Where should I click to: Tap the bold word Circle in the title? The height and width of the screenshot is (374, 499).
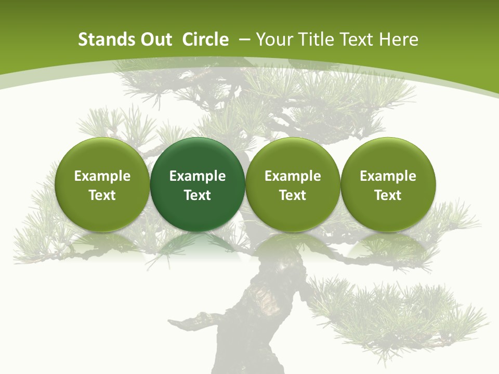pyautogui.click(x=205, y=39)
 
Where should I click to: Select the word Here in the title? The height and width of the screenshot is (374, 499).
pyautogui.click(x=399, y=39)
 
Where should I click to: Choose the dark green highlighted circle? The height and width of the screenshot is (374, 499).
pyautogui.click(x=198, y=184)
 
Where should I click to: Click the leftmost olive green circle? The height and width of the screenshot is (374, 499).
pyautogui.click(x=102, y=184)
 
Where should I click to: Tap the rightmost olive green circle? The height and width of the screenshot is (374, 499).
pyautogui.click(x=388, y=184)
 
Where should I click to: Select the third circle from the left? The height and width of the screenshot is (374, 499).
pyautogui.click(x=293, y=184)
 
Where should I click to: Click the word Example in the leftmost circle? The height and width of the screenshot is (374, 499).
pyautogui.click(x=102, y=176)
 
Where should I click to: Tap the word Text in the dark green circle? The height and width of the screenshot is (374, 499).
pyautogui.click(x=198, y=195)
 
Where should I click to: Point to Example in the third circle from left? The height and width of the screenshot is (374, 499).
pyautogui.click(x=293, y=176)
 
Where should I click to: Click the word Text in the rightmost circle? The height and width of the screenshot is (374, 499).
pyautogui.click(x=388, y=195)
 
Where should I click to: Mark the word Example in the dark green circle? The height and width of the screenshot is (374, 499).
pyautogui.click(x=198, y=176)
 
